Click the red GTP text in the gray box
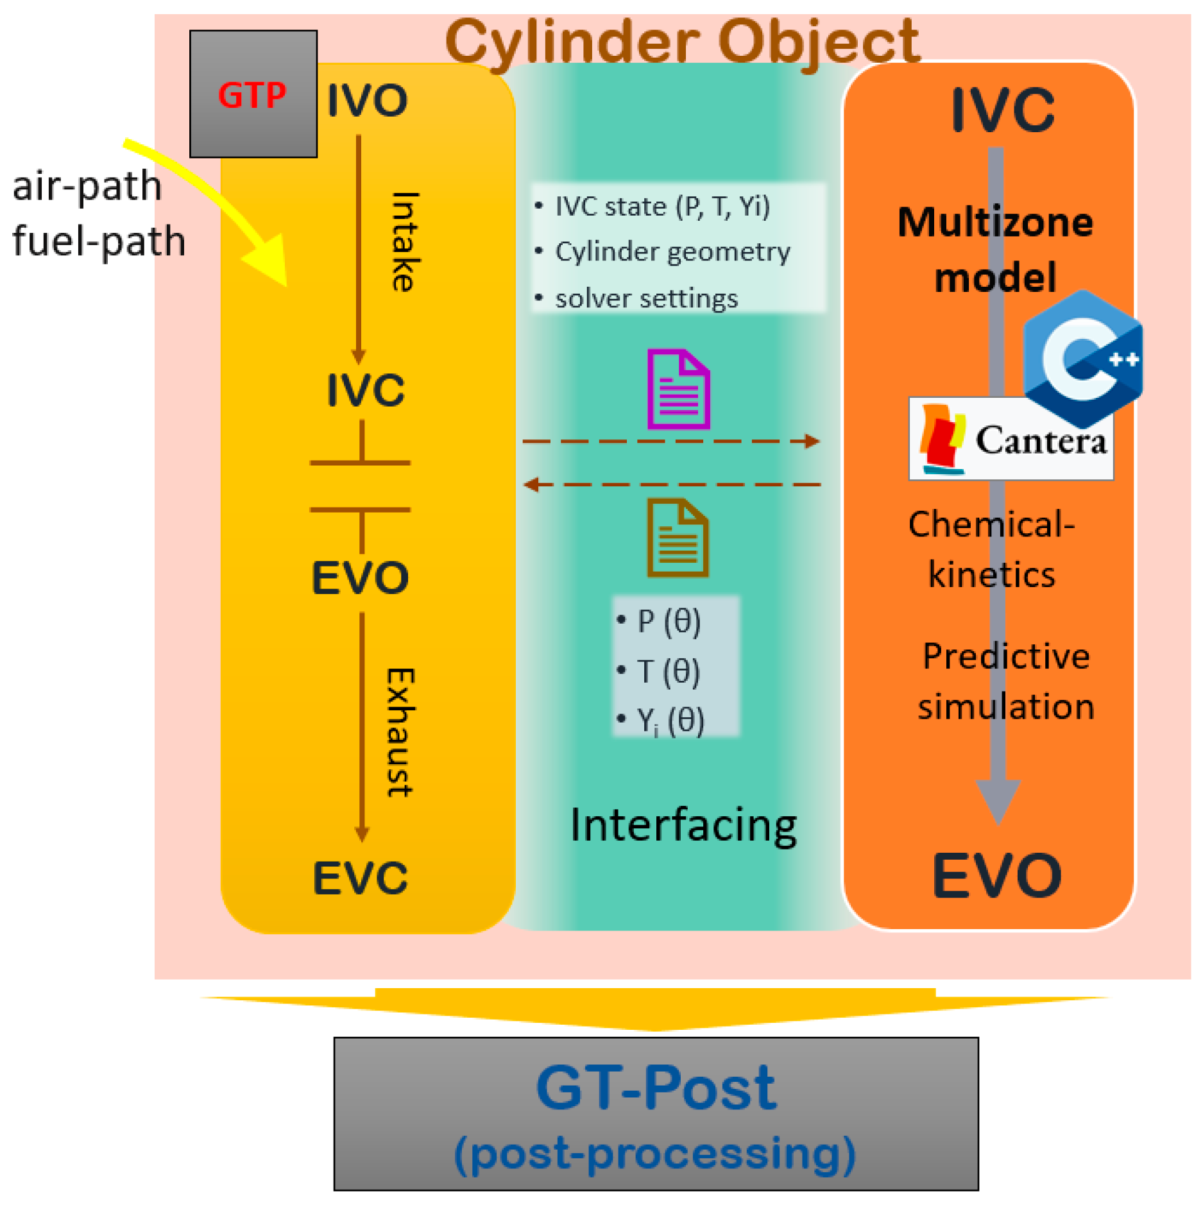pyautogui.click(x=252, y=96)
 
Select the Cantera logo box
pyautogui.click(x=1011, y=439)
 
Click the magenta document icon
pyautogui.click(x=678, y=389)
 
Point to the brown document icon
pyautogui.click(x=678, y=538)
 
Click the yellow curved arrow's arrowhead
pyautogui.click(x=269, y=260)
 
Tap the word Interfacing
pyautogui.click(x=683, y=825)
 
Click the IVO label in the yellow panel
pyautogui.click(x=367, y=101)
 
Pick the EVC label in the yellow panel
pyautogui.click(x=360, y=878)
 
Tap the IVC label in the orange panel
pyautogui.click(x=1002, y=110)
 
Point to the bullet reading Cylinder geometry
pyautogui.click(x=672, y=252)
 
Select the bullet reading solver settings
pyautogui.click(x=646, y=299)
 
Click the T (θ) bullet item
pyautogui.click(x=668, y=671)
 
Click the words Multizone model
pyautogui.click(x=995, y=249)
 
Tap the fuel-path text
pyautogui.click(x=99, y=241)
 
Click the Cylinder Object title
pyautogui.click(x=681, y=42)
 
